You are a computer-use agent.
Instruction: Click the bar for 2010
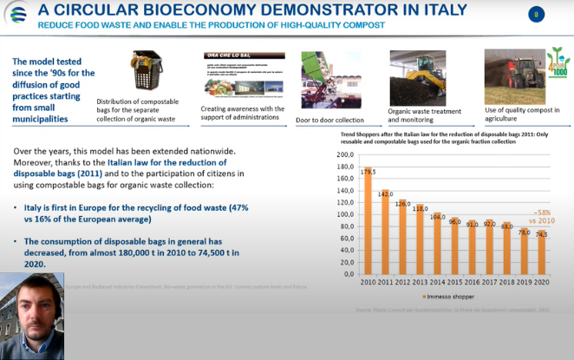pos(368,221)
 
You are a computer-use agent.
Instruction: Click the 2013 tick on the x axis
pos(420,282)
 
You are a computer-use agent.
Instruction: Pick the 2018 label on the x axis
pos(506,282)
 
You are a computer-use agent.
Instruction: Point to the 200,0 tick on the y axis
pos(344,155)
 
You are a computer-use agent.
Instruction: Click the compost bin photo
pos(145,72)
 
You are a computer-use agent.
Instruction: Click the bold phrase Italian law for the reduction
pos(156,162)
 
